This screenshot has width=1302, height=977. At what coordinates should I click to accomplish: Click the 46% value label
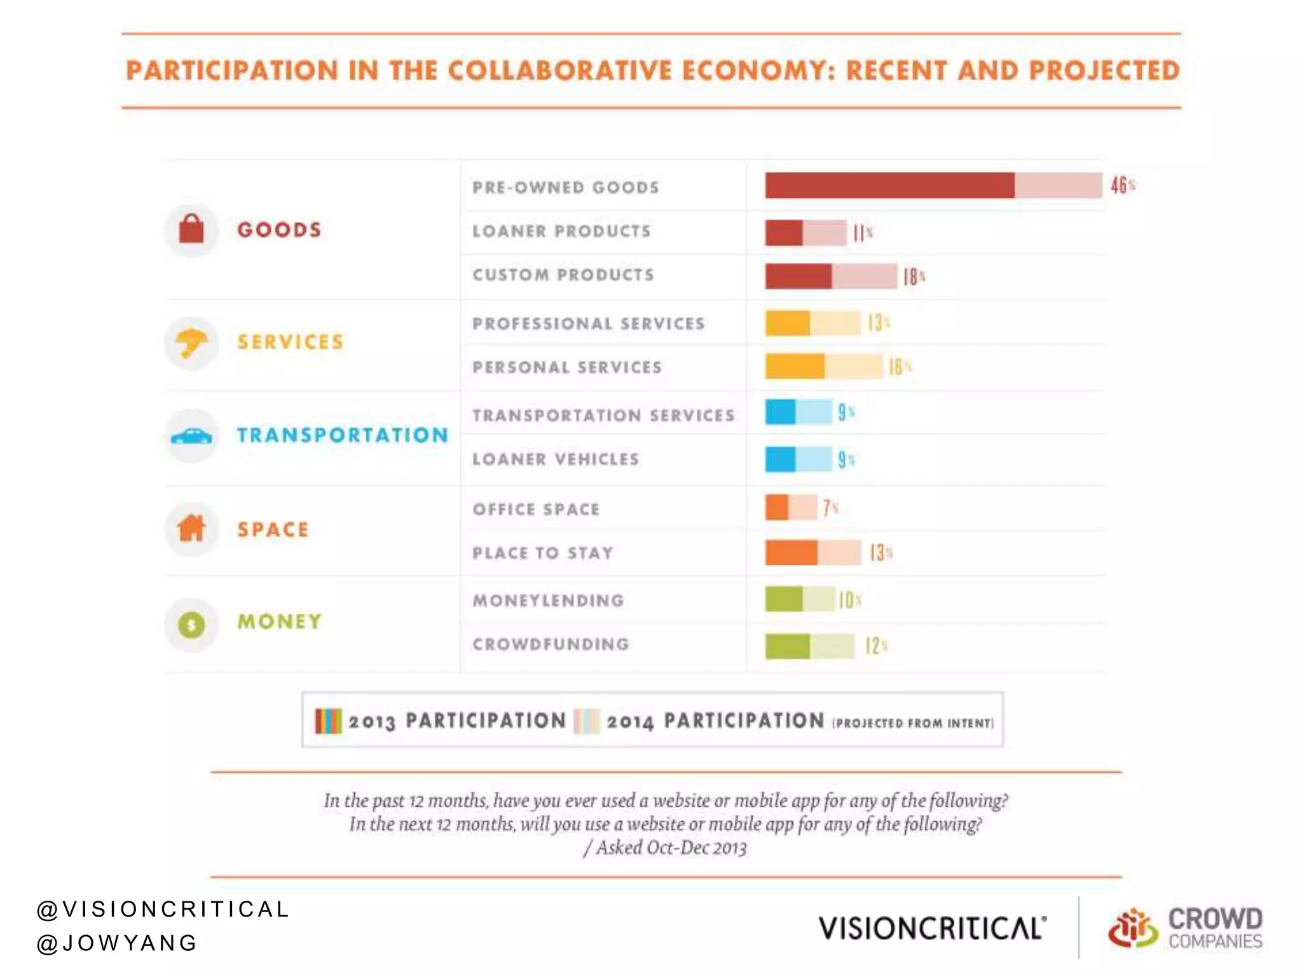click(1122, 185)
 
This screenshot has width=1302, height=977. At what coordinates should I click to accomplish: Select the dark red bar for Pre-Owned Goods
click(889, 185)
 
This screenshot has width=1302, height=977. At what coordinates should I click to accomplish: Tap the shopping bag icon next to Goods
click(191, 229)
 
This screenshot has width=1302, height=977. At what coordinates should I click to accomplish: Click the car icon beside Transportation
click(191, 436)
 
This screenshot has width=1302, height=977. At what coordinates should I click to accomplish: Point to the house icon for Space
click(191, 529)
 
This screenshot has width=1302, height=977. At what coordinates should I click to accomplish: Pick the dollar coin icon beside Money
click(191, 625)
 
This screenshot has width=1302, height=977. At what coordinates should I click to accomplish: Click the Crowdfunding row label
click(551, 644)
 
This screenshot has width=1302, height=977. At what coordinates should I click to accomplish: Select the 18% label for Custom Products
click(913, 277)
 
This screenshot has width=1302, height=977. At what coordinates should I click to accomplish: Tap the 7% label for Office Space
click(830, 508)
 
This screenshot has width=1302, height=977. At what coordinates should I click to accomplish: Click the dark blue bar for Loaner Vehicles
click(780, 459)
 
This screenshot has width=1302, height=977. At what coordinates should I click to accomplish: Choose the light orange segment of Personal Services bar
click(853, 366)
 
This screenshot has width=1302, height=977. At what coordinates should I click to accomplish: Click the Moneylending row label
click(548, 600)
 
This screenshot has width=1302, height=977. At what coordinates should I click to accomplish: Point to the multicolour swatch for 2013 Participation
click(328, 721)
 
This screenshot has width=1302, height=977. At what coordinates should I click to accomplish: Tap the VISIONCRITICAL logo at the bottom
click(931, 928)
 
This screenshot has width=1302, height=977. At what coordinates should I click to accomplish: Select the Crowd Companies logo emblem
click(1132, 928)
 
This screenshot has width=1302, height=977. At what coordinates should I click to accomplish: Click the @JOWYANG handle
click(117, 943)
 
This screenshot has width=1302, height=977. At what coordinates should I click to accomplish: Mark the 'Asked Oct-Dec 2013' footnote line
click(665, 848)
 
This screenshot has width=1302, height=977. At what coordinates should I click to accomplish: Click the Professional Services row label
click(588, 324)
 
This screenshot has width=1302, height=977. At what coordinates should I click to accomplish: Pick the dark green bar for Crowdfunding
click(787, 646)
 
